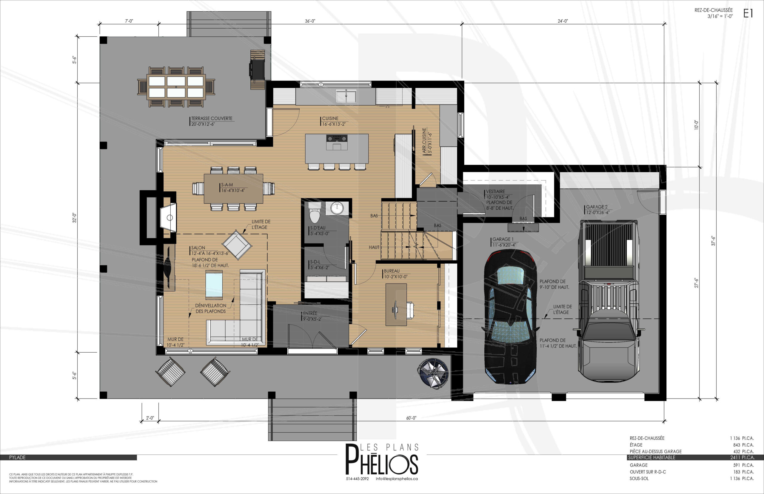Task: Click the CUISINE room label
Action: [330, 118]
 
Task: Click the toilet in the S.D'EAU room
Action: [315, 212]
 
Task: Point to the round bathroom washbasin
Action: [337, 209]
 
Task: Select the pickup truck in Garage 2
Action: [609, 301]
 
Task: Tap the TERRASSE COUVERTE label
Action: [212, 118]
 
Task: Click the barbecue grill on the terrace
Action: [257, 69]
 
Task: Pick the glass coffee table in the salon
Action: [214, 285]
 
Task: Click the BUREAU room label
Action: [392, 271]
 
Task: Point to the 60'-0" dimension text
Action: [411, 418]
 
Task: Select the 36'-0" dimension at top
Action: [310, 21]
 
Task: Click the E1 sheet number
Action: [748, 13]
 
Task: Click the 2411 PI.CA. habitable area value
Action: [742, 457]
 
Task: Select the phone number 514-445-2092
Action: [357, 478]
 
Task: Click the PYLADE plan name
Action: [17, 457]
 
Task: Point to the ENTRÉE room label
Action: [310, 314]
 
